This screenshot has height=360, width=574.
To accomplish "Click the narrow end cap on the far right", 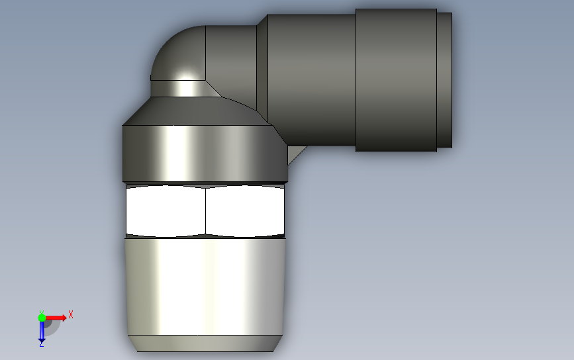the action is pyautogui.click(x=444, y=80).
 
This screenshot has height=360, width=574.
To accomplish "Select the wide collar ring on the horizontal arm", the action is pyautogui.click(x=396, y=80).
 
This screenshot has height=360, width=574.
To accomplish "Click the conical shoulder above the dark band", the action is pyautogui.click(x=198, y=112).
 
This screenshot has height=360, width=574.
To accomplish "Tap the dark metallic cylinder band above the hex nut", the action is pyautogui.click(x=205, y=154).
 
